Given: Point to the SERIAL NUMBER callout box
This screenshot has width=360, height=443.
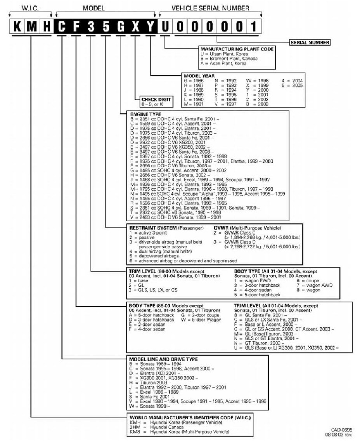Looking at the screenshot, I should [310, 43].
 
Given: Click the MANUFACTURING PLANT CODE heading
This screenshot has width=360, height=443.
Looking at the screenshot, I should [237, 49].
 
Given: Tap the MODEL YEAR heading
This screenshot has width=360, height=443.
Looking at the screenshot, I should [199, 76].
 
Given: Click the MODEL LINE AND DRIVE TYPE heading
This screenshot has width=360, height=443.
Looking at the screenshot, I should [163, 359].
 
